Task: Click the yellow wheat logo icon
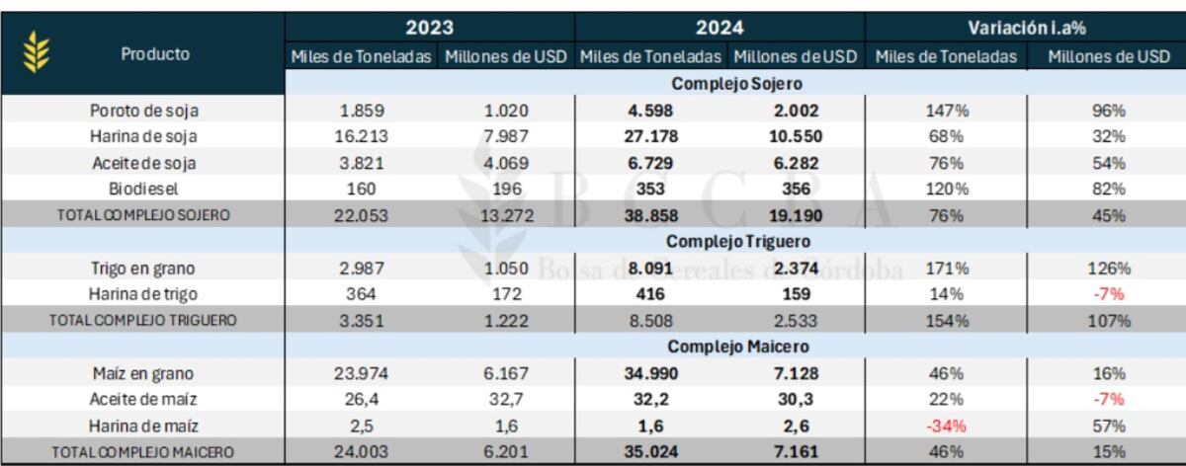coord(37,51)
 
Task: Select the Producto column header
coord(155,54)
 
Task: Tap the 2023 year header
coord(429,28)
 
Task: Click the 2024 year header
coord(720,28)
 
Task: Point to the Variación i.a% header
coord(1027,28)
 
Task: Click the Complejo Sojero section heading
coord(736,84)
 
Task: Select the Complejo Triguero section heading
coord(738,241)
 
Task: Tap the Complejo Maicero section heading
coord(738,347)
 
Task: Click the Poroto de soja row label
coord(144,111)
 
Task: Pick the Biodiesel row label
coord(143,189)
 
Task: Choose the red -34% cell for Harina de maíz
coord(946,426)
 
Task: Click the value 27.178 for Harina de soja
coord(650,136)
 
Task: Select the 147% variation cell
coord(947,111)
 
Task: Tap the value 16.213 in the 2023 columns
coord(361,136)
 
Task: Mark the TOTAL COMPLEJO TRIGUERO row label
coord(143,321)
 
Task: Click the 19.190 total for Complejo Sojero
coord(796,216)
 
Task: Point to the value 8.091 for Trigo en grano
coord(650,269)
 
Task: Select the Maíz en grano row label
coord(143,373)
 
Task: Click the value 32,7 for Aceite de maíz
coord(506,399)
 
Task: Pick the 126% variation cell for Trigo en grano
coord(1109,269)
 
